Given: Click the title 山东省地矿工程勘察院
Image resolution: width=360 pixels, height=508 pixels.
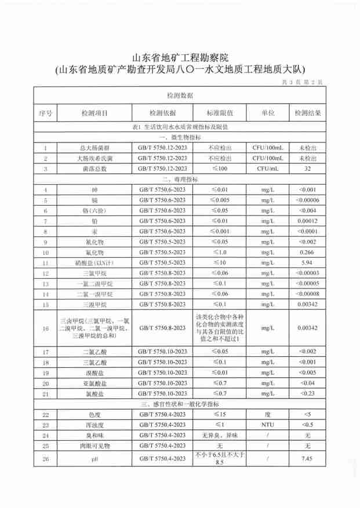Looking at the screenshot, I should pyautogui.click(x=180, y=58).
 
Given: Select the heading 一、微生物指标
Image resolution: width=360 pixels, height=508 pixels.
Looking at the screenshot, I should pyautogui.click(x=180, y=137).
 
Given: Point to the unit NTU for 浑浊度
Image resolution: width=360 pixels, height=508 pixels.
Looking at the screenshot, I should pyautogui.click(x=267, y=424).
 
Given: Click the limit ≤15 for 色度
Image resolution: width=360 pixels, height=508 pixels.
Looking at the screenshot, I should pyautogui.click(x=220, y=414).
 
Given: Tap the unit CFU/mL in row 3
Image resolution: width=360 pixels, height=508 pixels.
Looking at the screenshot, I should pyautogui.click(x=267, y=169).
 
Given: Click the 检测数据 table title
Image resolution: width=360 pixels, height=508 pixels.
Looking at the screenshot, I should pyautogui.click(x=180, y=95).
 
